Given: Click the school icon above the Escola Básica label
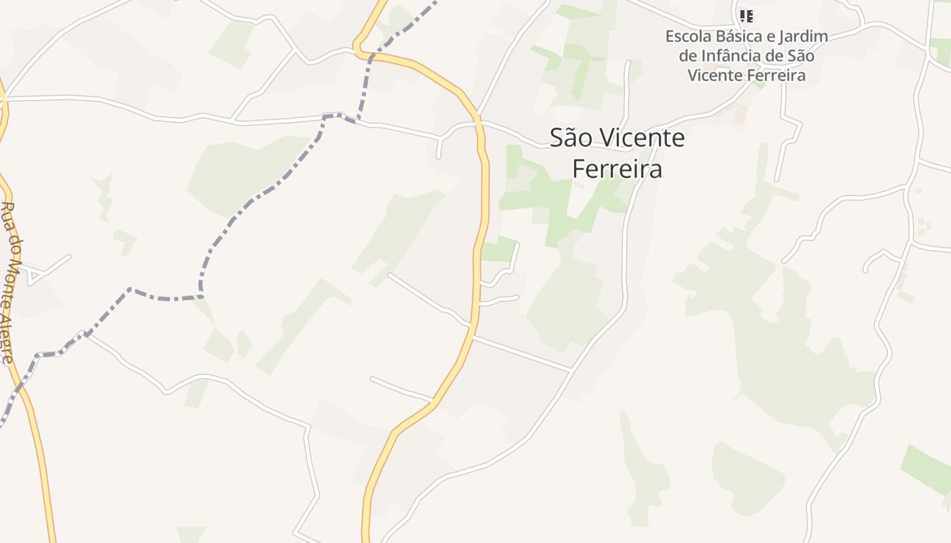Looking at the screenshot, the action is [x=746, y=16].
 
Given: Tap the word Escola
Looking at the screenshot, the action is [x=687, y=36].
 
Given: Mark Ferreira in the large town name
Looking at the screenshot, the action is [x=617, y=169].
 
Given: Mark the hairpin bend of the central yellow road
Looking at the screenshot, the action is [x=358, y=49].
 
